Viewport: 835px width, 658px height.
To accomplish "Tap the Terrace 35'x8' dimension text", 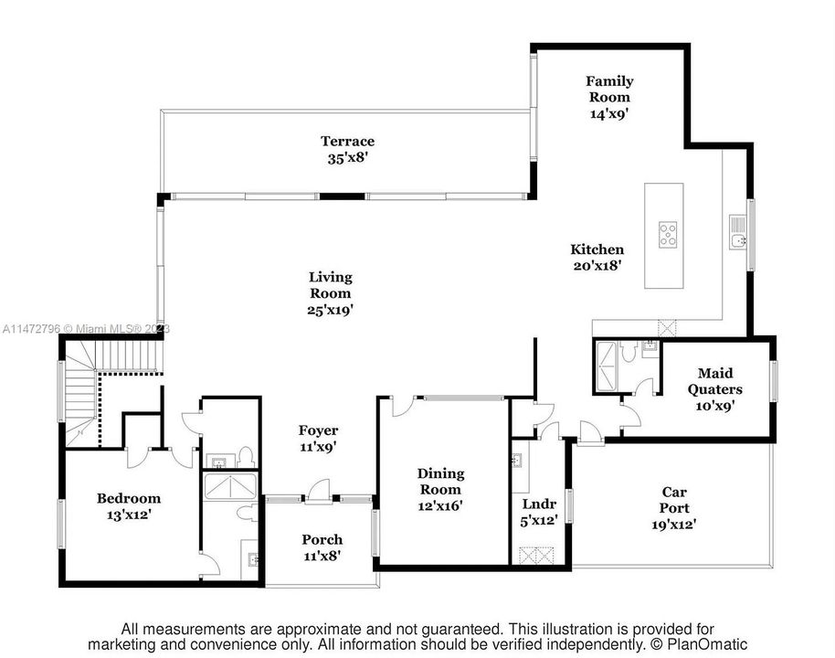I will (x=347, y=157).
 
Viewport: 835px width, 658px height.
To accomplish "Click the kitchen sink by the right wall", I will (x=739, y=240).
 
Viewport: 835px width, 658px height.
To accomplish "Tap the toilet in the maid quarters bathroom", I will (x=628, y=350).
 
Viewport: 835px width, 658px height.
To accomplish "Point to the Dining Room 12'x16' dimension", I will (x=440, y=504).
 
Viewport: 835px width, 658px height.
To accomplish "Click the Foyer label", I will (x=318, y=430).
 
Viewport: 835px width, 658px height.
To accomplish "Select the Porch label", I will (x=322, y=539).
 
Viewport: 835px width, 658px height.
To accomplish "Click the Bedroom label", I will (x=129, y=498).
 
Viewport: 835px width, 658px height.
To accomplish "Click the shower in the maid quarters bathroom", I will (x=606, y=366).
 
